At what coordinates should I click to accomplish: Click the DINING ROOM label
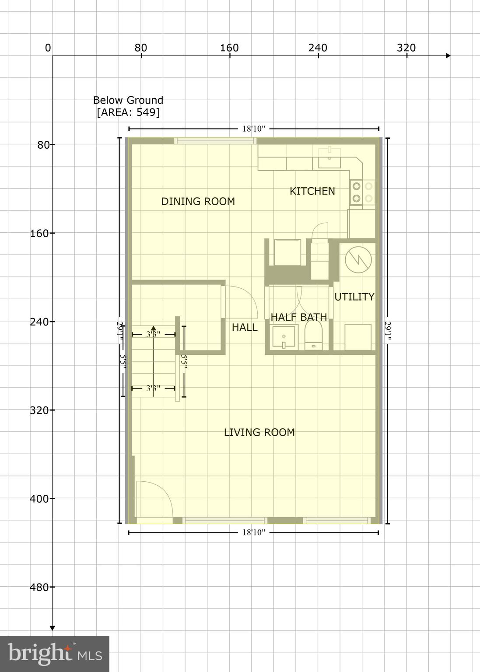tap(198, 201)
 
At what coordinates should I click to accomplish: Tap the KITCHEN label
tap(312, 191)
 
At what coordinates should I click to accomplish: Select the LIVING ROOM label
tap(259, 432)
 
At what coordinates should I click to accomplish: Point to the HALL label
tap(244, 327)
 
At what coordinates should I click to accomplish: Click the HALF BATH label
tap(298, 317)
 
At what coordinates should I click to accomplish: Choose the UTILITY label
tap(354, 297)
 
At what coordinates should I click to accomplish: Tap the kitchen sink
tap(329, 158)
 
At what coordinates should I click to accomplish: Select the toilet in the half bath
tap(313, 335)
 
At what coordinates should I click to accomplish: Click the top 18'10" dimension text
tap(254, 129)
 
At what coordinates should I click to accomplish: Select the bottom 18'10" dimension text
tap(254, 532)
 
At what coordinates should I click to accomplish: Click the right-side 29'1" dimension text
tap(388, 330)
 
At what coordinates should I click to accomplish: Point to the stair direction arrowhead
tap(153, 328)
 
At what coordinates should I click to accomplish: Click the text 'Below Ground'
tap(128, 100)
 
